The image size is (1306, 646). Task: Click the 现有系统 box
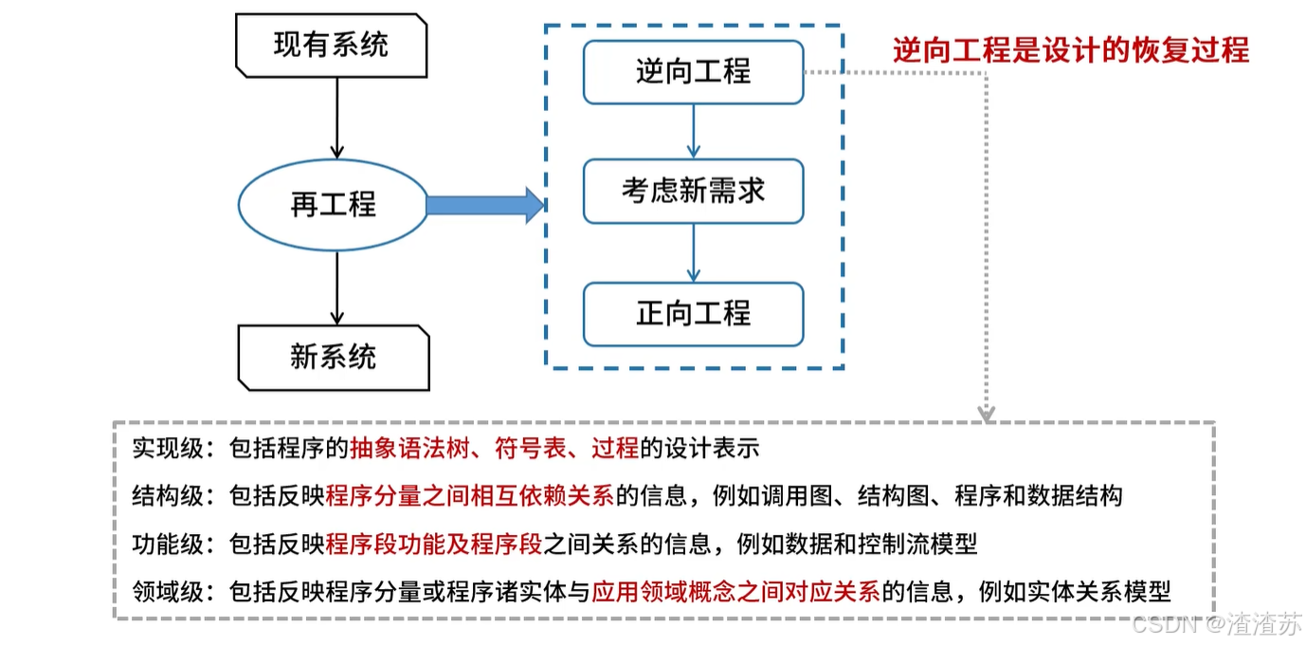point(332,45)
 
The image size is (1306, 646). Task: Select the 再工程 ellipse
point(333,205)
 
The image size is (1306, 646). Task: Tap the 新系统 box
point(333,357)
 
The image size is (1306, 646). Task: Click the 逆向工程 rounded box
point(693,71)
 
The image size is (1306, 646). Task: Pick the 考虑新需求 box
point(693,192)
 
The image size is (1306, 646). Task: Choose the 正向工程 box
point(693,313)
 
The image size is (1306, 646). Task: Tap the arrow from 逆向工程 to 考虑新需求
point(694,131)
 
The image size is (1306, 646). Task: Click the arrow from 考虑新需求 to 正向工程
point(694,252)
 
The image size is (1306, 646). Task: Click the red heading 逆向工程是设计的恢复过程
point(1071,49)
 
